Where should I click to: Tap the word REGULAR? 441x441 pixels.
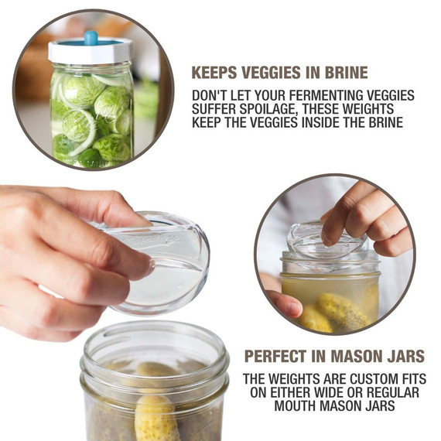click(386, 393)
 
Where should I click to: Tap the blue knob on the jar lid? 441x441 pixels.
click(91, 37)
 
